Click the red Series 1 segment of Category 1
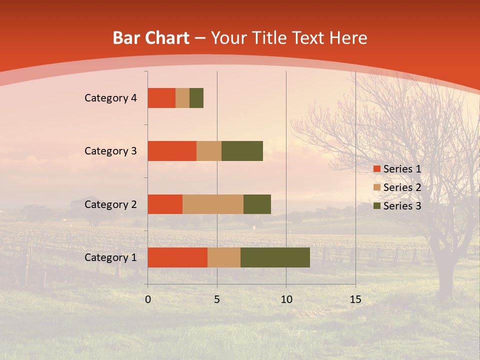[177, 257]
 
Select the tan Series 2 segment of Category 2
[213, 204]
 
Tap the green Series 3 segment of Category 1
[275, 257]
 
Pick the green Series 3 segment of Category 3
[242, 151]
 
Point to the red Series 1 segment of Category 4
[161, 98]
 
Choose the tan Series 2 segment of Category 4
[182, 98]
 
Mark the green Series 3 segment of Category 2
[257, 204]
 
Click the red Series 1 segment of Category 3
[172, 151]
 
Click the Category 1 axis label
[110, 257]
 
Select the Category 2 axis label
[110, 204]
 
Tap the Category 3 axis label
[110, 151]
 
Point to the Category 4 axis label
[110, 98]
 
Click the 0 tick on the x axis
[148, 299]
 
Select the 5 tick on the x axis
[217, 299]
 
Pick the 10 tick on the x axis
[286, 299]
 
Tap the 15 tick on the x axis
[355, 299]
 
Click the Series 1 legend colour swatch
[376, 169]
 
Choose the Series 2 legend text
[402, 187]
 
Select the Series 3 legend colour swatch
[376, 206]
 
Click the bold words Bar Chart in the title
[151, 38]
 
